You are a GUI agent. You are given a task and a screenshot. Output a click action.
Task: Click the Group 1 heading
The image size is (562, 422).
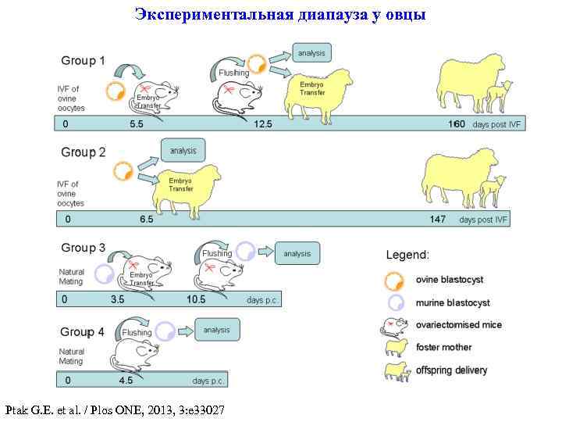(x=83, y=60)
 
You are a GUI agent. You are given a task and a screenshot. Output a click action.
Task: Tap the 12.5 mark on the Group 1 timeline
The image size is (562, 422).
(x=263, y=124)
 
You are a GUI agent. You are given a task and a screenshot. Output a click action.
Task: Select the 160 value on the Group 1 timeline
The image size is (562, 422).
(x=456, y=124)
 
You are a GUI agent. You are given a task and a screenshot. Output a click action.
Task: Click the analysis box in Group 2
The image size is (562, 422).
(x=183, y=149)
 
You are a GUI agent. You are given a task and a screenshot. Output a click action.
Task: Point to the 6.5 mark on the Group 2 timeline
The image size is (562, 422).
(x=147, y=220)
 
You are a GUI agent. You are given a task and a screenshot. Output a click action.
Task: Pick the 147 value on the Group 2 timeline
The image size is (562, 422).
(x=438, y=220)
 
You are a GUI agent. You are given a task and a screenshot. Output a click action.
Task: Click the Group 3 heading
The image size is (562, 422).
(x=83, y=248)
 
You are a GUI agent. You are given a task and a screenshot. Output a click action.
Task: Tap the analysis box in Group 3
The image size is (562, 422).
(x=297, y=253)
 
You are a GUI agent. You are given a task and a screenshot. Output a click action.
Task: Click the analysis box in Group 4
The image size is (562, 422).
(x=216, y=330)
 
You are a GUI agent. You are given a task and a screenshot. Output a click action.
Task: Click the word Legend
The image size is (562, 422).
(x=407, y=255)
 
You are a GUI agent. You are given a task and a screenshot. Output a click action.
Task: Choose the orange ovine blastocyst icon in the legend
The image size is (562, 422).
(x=395, y=280)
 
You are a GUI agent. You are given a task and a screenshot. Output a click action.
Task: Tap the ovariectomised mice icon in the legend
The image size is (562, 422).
(x=395, y=325)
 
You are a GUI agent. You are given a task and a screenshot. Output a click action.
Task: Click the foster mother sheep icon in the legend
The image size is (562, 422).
(x=396, y=348)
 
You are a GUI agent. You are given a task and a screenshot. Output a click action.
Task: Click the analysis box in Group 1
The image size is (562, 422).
(x=311, y=53)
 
